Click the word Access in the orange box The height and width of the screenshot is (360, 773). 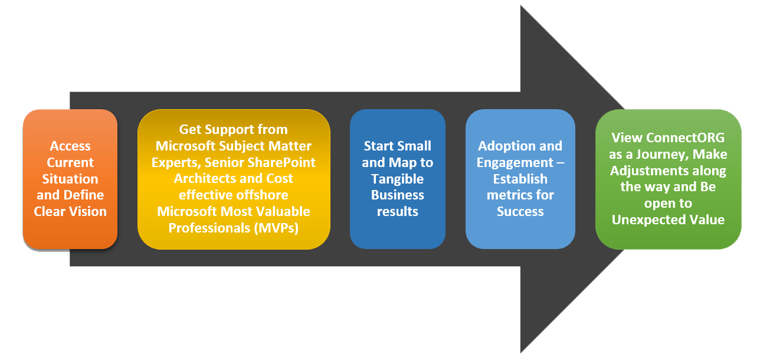coord(70,146)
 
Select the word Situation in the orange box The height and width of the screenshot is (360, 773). coord(70,179)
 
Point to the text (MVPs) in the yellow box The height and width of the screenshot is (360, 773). coord(276,228)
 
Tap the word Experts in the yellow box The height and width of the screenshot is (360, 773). coord(176,162)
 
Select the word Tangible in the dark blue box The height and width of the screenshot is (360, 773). coord(397,179)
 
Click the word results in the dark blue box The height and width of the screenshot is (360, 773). coord(398,212)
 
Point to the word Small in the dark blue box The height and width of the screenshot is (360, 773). coord(414,146)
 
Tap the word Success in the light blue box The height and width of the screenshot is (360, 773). coord(520,212)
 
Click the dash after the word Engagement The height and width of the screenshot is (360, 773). coord(561,163)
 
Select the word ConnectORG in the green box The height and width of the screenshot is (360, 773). coord(685,138)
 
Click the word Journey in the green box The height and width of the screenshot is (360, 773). coord(662,155)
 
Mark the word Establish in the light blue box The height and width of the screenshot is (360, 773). coord(520,179)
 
